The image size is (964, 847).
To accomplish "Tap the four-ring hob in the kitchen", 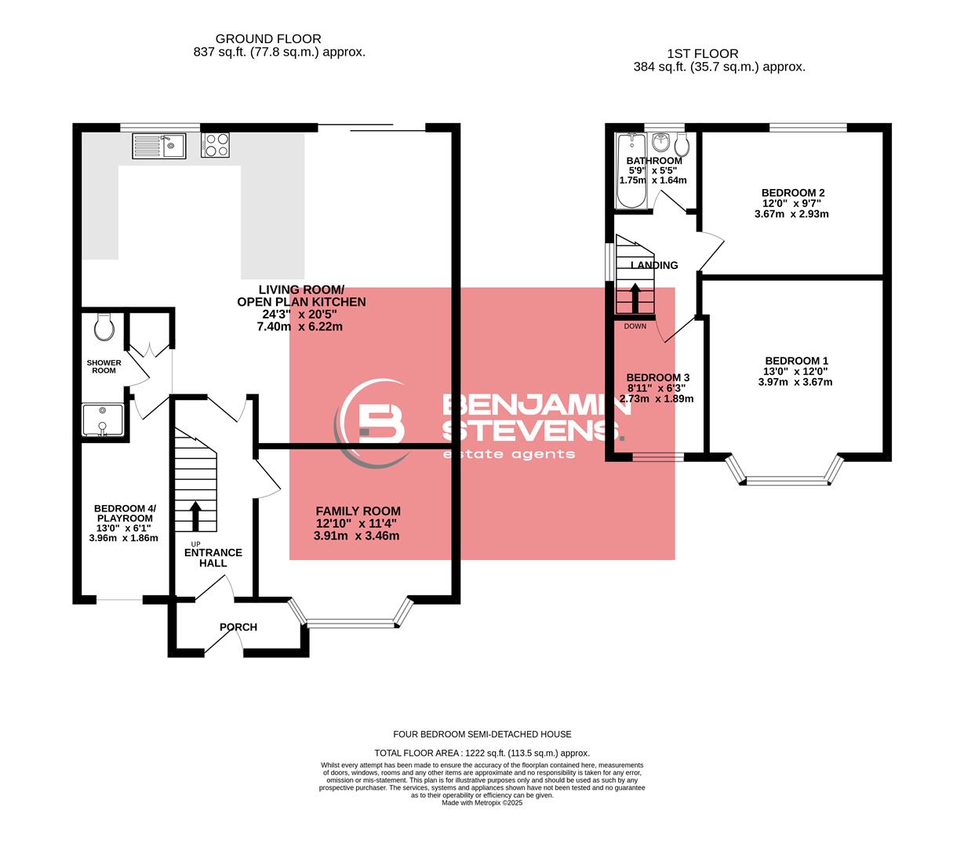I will click(x=216, y=146).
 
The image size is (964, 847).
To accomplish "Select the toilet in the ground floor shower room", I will click(x=104, y=326).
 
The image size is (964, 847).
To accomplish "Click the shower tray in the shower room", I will click(x=102, y=420).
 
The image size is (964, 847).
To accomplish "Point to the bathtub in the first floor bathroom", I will click(x=630, y=173).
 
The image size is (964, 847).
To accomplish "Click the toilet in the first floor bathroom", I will click(x=682, y=144).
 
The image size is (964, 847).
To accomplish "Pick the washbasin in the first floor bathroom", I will click(x=660, y=142).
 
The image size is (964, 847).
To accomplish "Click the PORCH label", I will click(x=238, y=627).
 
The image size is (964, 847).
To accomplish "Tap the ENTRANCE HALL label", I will click(x=213, y=558).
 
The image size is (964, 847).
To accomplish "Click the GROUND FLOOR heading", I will click(x=268, y=38).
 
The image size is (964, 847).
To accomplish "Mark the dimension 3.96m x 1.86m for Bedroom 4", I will click(x=124, y=538).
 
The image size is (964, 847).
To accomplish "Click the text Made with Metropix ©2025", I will click(x=482, y=802).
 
